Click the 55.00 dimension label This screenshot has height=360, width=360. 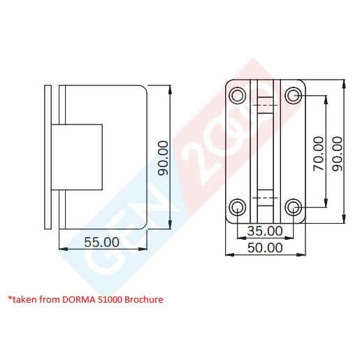tap(102, 242)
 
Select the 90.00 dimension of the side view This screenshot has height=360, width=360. tap(164, 158)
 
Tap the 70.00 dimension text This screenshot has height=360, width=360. tap(317, 153)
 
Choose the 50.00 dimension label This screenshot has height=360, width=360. tap(265, 247)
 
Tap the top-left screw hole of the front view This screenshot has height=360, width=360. tap(238, 96)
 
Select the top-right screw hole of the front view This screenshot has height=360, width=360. tap(294, 96)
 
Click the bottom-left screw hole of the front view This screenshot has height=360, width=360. tap(238, 206)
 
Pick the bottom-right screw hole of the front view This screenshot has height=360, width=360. tap(294, 206)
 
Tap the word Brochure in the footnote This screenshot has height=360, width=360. tap(142, 299)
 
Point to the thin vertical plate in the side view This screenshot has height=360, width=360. tap(48, 157)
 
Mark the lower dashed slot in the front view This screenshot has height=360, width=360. tap(265, 199)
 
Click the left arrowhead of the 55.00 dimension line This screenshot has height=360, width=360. tap(62, 249)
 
